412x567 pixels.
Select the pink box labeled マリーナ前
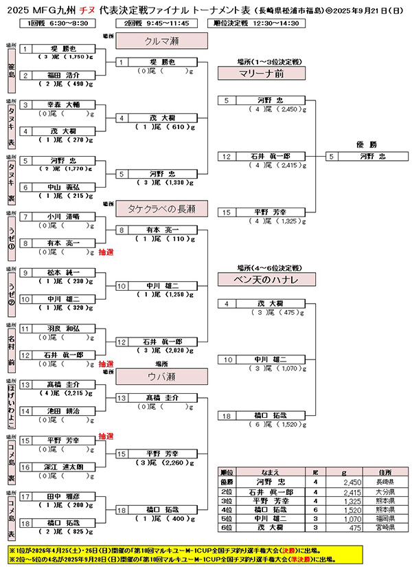click(x=251, y=73)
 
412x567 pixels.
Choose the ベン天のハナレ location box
click(x=251, y=279)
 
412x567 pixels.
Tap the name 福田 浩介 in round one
click(x=65, y=75)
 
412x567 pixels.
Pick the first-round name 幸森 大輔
click(x=65, y=104)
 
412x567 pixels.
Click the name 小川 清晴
click(x=65, y=216)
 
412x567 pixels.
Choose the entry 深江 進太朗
click(x=65, y=467)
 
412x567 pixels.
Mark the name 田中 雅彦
click(x=65, y=496)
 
